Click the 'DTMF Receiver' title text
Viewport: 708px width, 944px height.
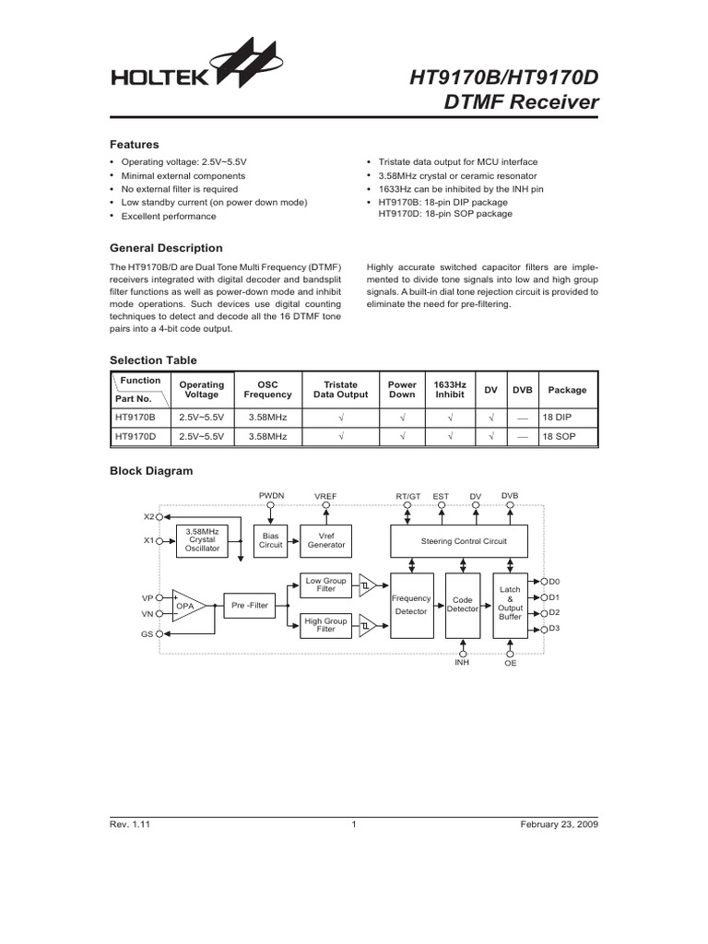click(x=522, y=102)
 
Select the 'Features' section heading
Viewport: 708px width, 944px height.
click(x=135, y=145)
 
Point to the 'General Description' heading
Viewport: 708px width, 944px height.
click(x=166, y=248)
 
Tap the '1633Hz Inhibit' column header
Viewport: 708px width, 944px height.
click(x=450, y=390)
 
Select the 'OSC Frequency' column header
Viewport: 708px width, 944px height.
click(x=267, y=390)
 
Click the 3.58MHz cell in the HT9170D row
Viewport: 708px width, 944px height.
click(x=267, y=435)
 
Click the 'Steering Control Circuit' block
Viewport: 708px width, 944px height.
click(x=462, y=540)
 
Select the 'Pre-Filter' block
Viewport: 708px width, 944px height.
click(x=250, y=605)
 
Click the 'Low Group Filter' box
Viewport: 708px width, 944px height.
click(x=325, y=584)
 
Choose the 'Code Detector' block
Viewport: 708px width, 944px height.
click(x=462, y=604)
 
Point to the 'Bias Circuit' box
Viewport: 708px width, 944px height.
click(x=271, y=540)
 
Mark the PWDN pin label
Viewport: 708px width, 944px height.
click(x=271, y=496)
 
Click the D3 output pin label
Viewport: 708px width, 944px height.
click(x=554, y=628)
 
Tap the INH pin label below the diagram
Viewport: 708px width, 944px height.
click(x=462, y=662)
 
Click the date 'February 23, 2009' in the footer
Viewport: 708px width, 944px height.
click(x=560, y=825)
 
